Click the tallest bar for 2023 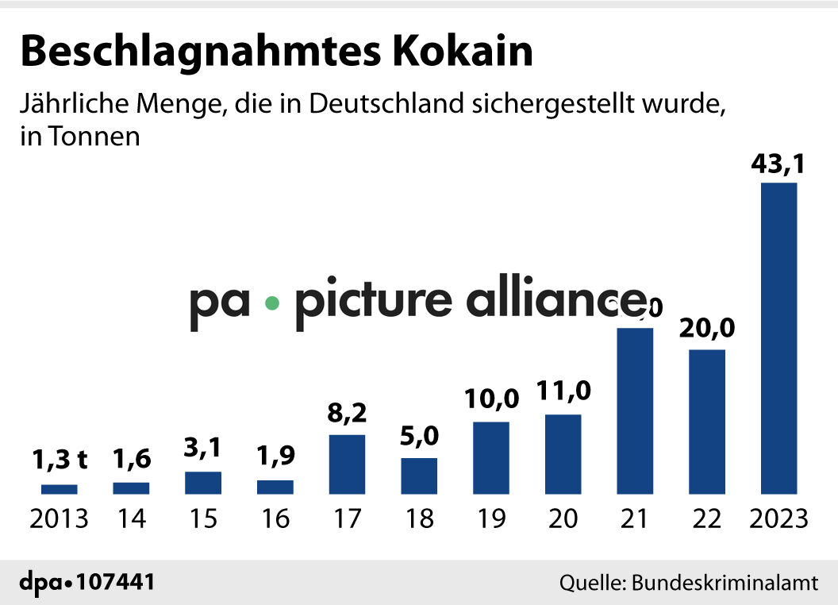(778, 338)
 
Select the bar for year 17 (347, 464)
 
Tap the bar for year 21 (635, 410)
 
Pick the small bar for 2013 (60, 489)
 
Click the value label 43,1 (778, 165)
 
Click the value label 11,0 (563, 392)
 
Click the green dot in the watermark (273, 303)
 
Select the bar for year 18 (419, 476)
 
